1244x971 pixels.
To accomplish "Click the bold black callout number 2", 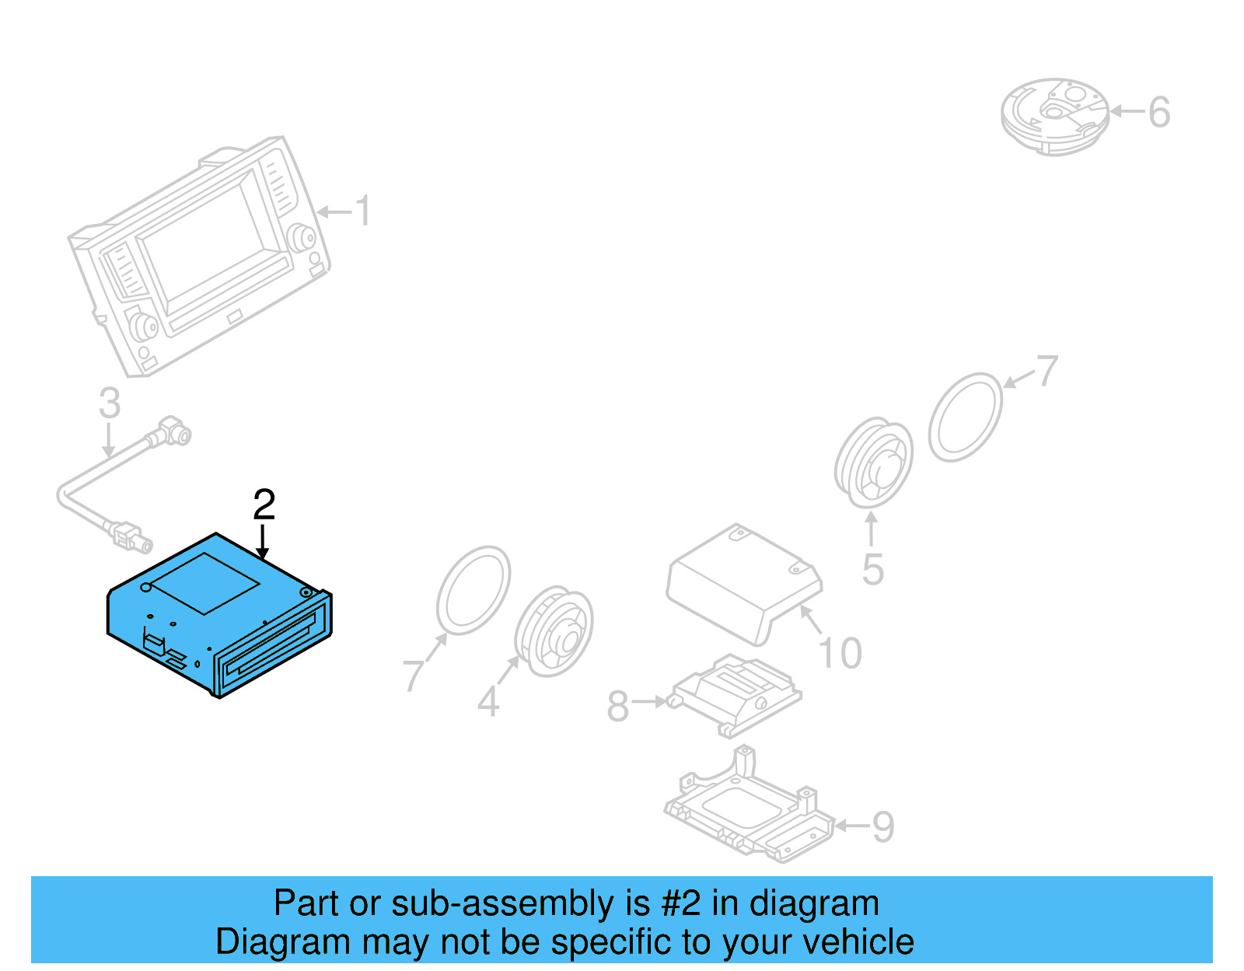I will click(264, 505).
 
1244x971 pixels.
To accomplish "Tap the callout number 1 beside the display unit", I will click(362, 211).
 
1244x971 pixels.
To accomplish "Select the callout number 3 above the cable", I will click(110, 403).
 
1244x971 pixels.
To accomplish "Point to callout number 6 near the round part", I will click(1158, 113).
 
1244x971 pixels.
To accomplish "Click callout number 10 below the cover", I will click(840, 653).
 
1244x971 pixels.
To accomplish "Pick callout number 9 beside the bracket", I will click(883, 827).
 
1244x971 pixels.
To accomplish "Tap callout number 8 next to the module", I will click(617, 707).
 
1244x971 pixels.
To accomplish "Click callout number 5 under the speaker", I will click(873, 570).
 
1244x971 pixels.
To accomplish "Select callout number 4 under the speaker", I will click(487, 702).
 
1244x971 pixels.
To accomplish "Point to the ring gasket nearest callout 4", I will click(473, 590).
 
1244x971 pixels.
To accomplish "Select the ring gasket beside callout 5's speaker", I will click(966, 417).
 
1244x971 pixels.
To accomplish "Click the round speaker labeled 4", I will click(554, 631).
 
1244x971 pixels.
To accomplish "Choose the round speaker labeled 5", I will click(874, 463).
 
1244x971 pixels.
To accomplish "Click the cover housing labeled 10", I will click(743, 579).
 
